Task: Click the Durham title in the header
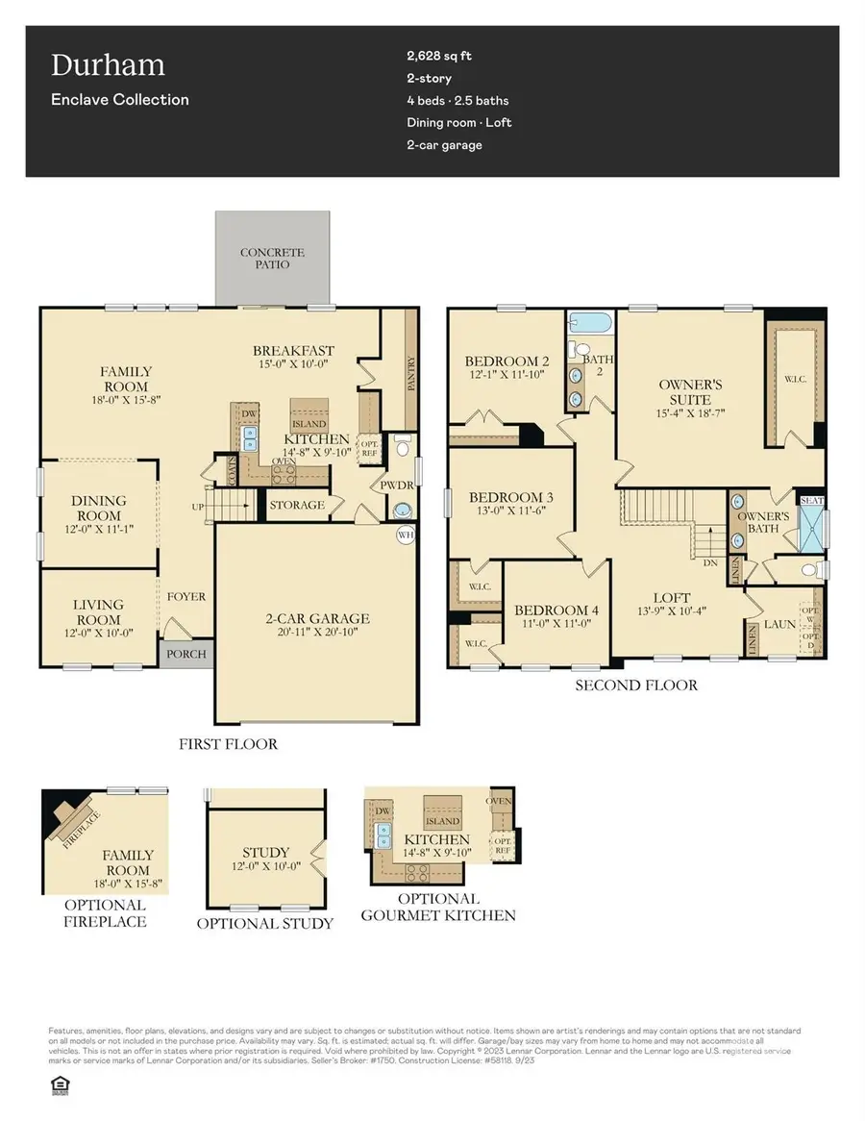[108, 65]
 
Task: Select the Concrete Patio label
[272, 259]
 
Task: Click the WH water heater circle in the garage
[406, 535]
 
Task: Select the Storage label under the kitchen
[297, 505]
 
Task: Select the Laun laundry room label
[779, 624]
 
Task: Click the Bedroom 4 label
[556, 610]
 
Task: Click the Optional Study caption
[265, 923]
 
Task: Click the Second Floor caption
[636, 685]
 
